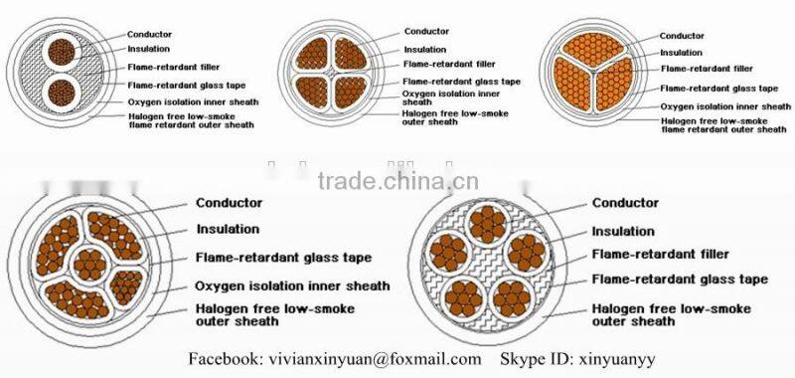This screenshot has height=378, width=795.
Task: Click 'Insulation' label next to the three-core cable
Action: pyautogui.click(x=682, y=53)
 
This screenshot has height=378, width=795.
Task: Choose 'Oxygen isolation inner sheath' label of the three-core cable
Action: pyautogui.click(x=725, y=105)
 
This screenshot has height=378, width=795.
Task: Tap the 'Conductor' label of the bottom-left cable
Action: pyautogui.click(x=229, y=203)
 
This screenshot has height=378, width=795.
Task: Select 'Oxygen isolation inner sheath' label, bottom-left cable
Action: pyautogui.click(x=292, y=285)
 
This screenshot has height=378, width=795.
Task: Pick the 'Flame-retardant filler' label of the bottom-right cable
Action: pyautogui.click(x=660, y=255)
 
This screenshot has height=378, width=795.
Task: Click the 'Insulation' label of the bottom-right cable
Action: pyautogui.click(x=623, y=231)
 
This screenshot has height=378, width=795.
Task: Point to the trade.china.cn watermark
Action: pyautogui.click(x=398, y=181)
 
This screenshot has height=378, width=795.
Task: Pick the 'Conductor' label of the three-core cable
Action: pyautogui.click(x=683, y=37)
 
